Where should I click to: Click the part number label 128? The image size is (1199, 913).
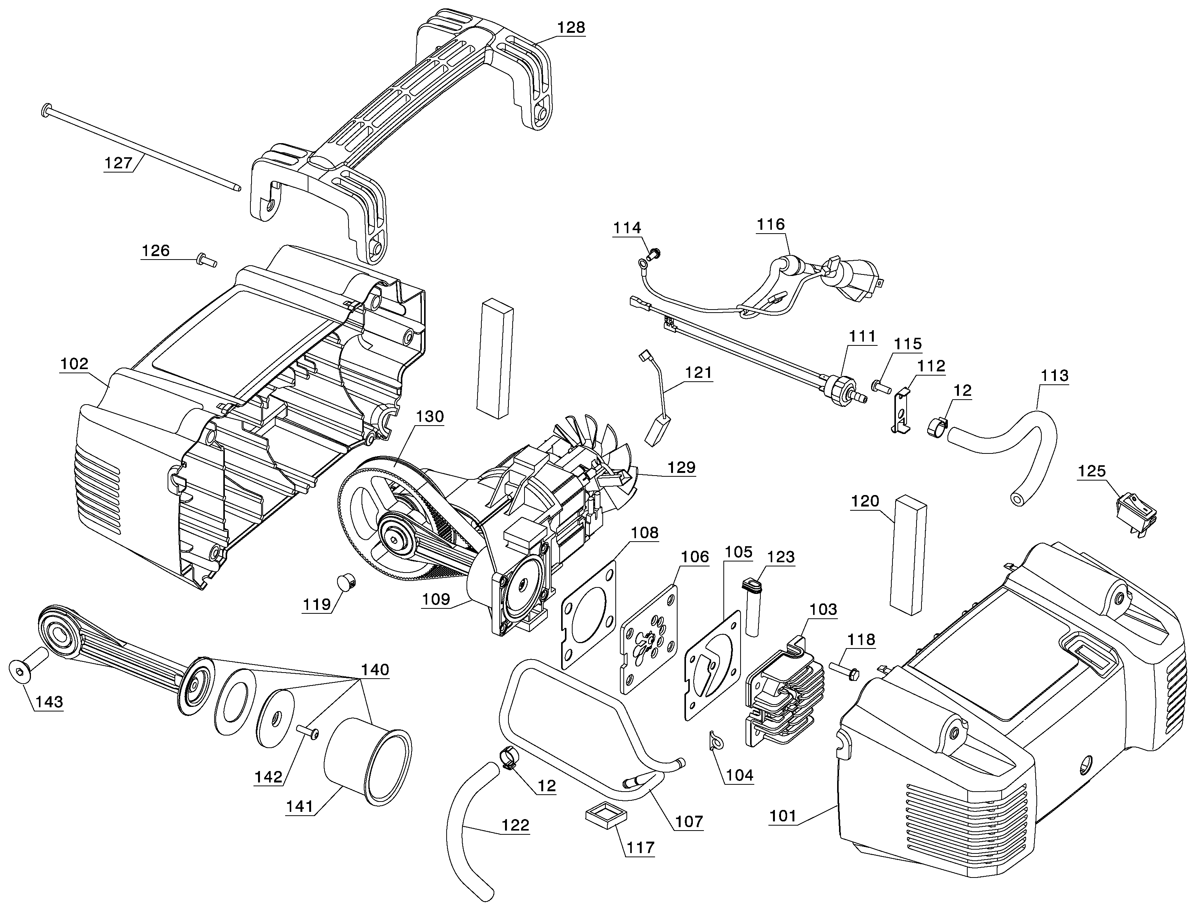[571, 27]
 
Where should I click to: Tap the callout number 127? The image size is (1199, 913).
[118, 163]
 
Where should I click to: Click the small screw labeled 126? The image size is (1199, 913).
[207, 260]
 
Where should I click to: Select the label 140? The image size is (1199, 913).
[374, 669]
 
